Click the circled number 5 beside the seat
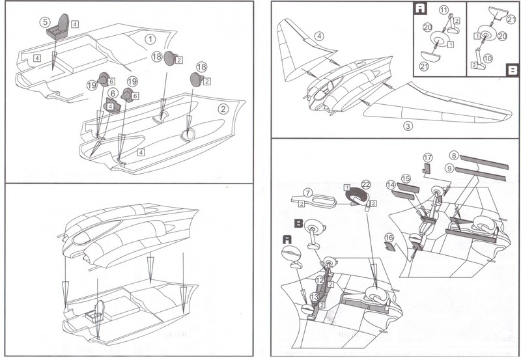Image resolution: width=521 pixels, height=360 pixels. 45,22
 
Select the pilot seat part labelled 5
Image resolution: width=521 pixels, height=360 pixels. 58,27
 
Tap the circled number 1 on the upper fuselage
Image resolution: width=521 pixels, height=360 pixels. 150,39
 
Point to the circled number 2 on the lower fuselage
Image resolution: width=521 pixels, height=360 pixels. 223,109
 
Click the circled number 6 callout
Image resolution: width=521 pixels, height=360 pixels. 113,93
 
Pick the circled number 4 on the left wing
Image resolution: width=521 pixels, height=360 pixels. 319,36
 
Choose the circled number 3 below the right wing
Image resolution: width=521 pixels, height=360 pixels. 408,126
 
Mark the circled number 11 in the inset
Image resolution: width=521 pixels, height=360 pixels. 444,10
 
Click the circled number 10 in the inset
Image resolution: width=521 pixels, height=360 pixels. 488,59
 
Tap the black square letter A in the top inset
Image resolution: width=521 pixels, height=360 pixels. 421,8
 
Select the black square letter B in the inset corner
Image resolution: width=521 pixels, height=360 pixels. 513,70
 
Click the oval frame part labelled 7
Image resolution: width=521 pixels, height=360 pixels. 314,201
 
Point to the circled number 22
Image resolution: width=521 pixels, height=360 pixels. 366,184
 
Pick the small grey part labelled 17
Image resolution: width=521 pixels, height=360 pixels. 427,169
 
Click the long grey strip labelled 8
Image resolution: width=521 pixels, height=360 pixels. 484,161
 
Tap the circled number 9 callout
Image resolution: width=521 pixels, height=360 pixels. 449,169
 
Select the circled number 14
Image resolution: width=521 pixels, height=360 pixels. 391,185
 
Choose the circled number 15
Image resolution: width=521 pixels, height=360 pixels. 406,178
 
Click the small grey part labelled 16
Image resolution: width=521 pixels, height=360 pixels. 389,247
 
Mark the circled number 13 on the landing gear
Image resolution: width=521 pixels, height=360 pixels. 315,297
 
